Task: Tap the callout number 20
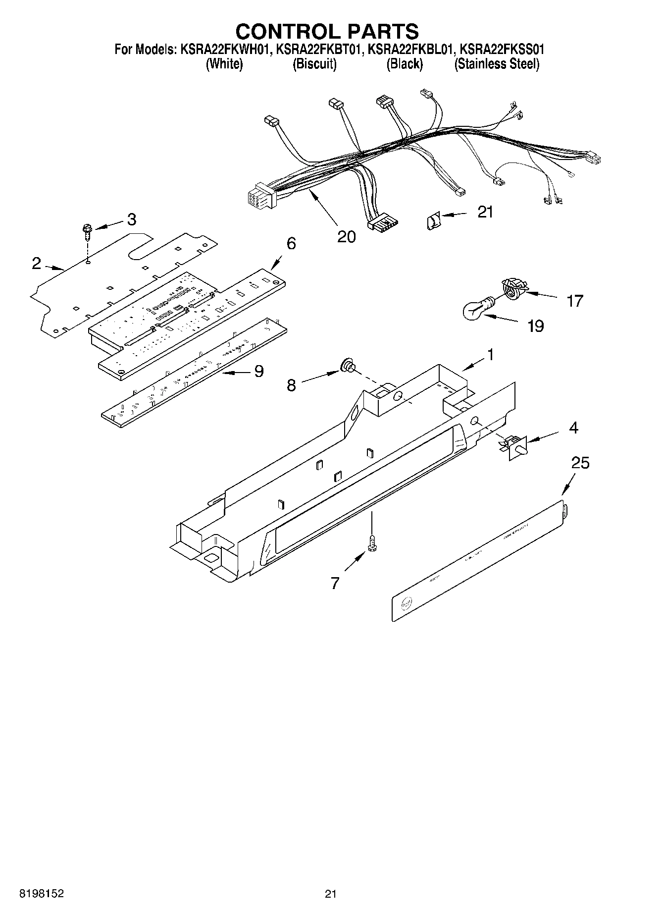(x=346, y=237)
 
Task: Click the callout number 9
(x=258, y=371)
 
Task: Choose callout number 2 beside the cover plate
(x=36, y=264)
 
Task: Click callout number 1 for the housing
(x=490, y=355)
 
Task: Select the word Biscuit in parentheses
(x=314, y=64)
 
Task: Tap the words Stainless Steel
(x=497, y=64)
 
